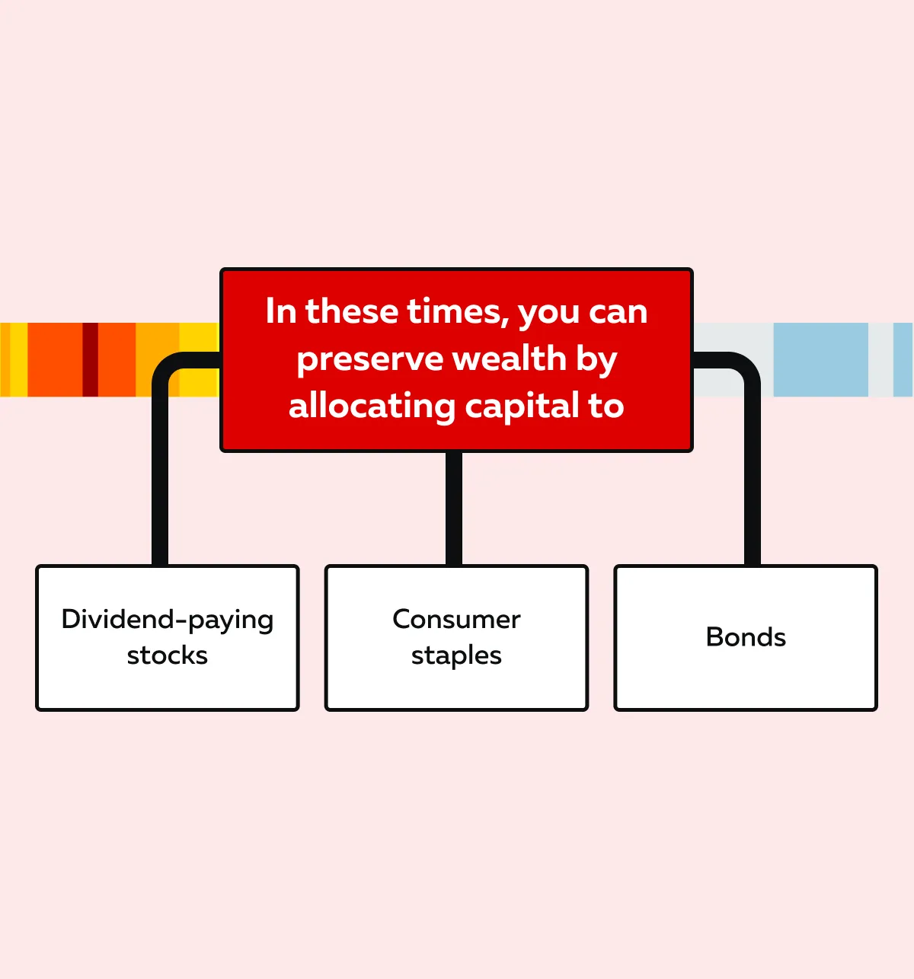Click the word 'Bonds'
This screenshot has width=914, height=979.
(x=746, y=637)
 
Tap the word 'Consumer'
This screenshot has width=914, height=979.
(x=456, y=619)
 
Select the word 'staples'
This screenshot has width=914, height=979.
(x=456, y=656)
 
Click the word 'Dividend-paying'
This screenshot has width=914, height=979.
(x=168, y=620)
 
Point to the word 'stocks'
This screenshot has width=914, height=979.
(x=168, y=655)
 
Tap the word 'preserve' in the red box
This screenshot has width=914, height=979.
(x=370, y=360)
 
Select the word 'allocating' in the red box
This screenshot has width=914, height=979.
(x=372, y=407)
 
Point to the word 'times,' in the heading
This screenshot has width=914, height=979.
(x=457, y=311)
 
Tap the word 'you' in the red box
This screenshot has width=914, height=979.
(x=548, y=314)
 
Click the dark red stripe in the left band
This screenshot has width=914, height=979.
(x=91, y=359)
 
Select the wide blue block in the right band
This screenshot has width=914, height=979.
(x=821, y=359)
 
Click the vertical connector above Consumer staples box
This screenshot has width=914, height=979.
(x=454, y=508)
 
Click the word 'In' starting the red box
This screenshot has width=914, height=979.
(x=281, y=311)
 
